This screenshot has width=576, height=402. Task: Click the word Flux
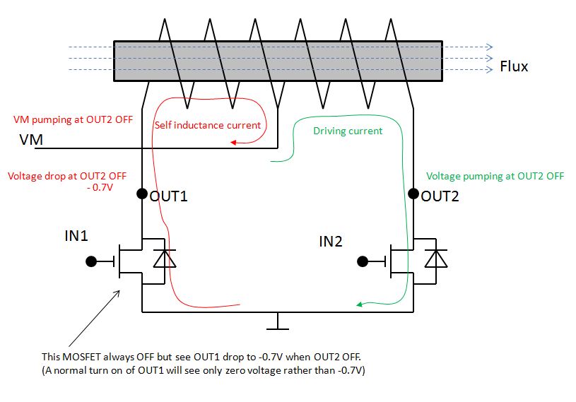click(514, 67)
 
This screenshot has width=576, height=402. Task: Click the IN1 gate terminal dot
click(90, 261)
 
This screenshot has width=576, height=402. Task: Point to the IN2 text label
click(331, 242)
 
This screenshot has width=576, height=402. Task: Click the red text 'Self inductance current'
click(208, 125)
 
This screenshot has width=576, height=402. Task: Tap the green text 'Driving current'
click(348, 131)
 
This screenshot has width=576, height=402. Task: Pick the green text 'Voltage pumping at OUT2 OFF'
click(495, 176)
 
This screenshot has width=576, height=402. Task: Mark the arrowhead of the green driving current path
click(360, 305)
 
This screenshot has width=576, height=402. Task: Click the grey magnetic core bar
click(278, 61)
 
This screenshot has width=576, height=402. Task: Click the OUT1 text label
click(168, 196)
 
